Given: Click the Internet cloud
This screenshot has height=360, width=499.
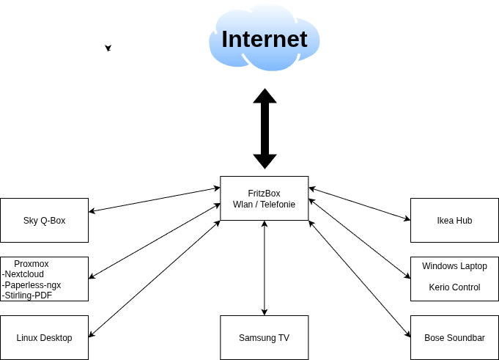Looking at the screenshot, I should pos(264,38).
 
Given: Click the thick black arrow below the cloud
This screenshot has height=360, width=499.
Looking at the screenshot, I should pos(265,129).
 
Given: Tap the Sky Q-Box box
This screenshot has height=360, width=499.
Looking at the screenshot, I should pos(44,220).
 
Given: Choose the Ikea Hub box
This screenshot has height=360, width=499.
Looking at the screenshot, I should pos(454,220).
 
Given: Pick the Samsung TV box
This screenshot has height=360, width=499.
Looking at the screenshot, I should pos(264,338).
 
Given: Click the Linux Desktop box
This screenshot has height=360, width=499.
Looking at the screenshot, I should pos(44,338).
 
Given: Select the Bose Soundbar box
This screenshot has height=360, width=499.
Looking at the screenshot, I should pos(454,338).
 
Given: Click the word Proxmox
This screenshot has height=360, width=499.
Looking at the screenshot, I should pos(31,264).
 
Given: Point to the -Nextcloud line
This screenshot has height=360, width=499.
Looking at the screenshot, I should pos(23,274).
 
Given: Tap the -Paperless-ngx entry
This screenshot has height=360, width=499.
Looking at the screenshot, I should pos(32,284).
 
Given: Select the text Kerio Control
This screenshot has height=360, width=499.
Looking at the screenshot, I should pos(454,287).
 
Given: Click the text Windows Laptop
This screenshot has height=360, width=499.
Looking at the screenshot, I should pos(454,266).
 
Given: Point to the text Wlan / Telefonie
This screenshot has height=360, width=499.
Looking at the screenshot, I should pos(264,205).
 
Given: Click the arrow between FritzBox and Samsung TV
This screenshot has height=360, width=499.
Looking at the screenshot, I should pos(265,268).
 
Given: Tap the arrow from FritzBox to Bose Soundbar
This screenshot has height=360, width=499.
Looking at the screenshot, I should pos(359,279).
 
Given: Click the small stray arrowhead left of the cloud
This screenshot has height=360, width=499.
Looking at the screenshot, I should pos(108,48).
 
